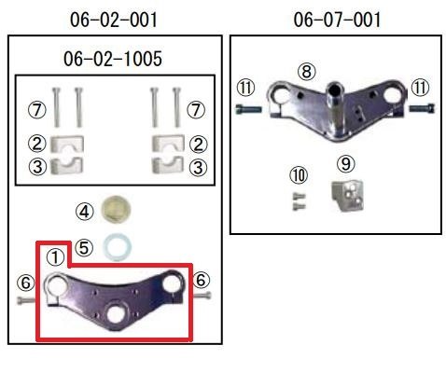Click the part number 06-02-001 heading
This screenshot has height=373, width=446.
pos(114,21)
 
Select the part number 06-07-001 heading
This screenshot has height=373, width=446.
pos(337,21)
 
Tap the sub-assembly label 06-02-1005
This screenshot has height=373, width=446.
pos(113,59)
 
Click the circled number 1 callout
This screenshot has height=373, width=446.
pos(55,257)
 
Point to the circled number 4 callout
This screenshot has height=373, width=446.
pos(85,213)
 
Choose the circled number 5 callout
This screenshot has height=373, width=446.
pos(84,248)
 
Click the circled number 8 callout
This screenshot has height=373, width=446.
pos(307,72)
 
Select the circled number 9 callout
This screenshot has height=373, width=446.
pos(346,163)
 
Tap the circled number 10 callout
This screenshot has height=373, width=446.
pos(299,175)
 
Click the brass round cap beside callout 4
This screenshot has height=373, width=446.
pos(116,209)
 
